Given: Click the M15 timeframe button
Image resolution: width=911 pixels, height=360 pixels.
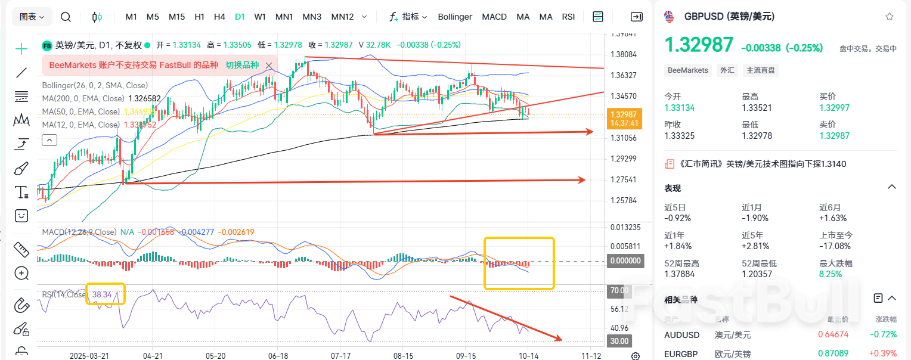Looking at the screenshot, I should click(x=176, y=17).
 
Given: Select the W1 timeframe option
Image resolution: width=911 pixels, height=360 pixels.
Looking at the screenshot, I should click(x=260, y=17).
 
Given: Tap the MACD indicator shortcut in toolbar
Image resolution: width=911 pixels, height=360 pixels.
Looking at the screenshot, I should click(x=494, y=17).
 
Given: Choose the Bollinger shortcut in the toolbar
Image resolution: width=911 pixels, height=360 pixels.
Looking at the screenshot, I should click(x=455, y=17).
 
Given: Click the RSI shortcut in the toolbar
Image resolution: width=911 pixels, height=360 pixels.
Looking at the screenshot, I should click(x=568, y=17).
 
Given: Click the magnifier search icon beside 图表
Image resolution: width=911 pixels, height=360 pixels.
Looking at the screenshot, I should click(x=66, y=17).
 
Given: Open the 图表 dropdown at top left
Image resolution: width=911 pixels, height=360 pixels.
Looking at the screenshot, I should click(x=32, y=17).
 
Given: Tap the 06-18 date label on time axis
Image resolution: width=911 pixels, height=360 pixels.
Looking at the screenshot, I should click(x=278, y=355).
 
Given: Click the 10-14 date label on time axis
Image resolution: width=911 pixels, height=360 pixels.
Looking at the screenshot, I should click(x=528, y=355).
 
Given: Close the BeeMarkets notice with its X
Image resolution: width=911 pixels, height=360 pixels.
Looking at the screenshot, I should click(x=269, y=66).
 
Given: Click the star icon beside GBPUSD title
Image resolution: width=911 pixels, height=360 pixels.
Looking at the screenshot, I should click(x=890, y=17).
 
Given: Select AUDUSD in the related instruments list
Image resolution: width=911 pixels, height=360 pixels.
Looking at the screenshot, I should click(x=682, y=335).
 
